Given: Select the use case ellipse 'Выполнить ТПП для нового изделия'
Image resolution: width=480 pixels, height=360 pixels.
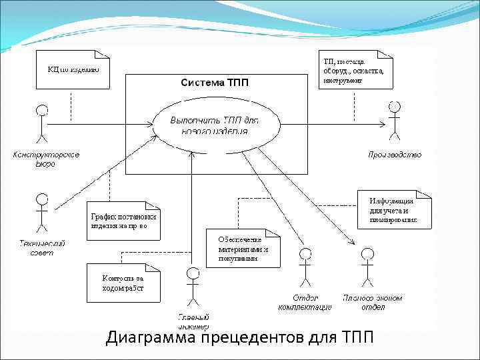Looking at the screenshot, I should (x=215, y=124).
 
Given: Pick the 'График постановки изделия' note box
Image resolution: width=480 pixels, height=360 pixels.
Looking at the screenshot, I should (x=123, y=221).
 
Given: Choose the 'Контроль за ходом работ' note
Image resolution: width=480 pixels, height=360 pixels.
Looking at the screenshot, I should (x=123, y=283).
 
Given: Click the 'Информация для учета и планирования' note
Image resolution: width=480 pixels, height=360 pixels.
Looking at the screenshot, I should (x=393, y=209).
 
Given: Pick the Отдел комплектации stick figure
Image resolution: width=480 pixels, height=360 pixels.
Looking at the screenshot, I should (x=305, y=267).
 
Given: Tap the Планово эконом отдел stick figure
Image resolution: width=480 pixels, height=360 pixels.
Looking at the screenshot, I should (x=367, y=267).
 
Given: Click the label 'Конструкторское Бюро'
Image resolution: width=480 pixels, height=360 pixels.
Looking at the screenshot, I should (x=46, y=159).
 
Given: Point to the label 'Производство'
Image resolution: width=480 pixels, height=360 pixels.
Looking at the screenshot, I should (x=395, y=155).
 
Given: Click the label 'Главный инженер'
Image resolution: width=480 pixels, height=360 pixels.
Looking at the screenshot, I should (x=193, y=321).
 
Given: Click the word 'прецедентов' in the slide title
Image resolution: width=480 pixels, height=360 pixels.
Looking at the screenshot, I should (x=253, y=339).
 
